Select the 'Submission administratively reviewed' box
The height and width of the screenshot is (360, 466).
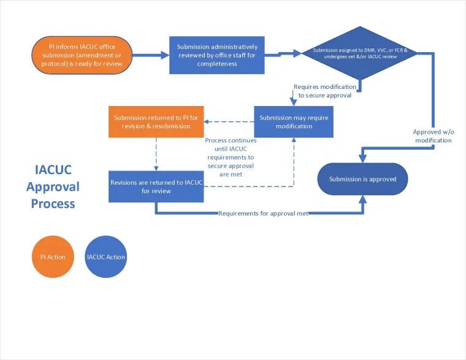(x=216, y=55)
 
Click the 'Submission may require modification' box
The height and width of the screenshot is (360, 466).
(x=294, y=121)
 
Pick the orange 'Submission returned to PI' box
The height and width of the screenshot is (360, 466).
(x=156, y=121)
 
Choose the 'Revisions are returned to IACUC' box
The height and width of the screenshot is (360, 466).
(x=156, y=186)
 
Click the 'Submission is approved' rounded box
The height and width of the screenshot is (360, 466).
(x=362, y=179)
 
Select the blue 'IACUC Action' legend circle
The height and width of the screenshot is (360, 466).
(x=106, y=257)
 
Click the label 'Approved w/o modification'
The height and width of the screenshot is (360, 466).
(x=432, y=136)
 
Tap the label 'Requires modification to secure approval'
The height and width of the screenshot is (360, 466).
(x=323, y=91)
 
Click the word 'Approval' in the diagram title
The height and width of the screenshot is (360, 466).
(x=54, y=186)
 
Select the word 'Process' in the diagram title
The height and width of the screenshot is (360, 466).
(x=53, y=203)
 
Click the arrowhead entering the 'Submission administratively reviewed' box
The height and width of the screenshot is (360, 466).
(x=165, y=55)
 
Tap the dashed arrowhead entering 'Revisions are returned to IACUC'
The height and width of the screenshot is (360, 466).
(x=156, y=167)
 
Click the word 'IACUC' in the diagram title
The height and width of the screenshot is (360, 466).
(x=54, y=170)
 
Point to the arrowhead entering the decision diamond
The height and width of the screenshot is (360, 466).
(x=298, y=53)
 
